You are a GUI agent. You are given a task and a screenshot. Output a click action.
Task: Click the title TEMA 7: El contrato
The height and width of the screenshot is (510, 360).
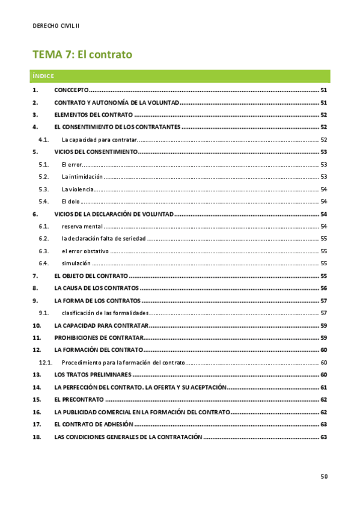tap(82, 55)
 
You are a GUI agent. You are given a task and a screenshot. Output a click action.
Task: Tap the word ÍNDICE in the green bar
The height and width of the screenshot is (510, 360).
tap(44, 76)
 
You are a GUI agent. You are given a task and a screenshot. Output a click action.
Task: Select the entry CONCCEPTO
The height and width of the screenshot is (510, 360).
tap(71, 90)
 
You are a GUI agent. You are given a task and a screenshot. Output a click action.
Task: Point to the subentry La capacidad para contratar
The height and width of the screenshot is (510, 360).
tap(99, 140)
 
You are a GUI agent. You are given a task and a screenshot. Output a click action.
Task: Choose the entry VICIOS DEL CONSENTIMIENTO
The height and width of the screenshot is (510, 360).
tap(96, 152)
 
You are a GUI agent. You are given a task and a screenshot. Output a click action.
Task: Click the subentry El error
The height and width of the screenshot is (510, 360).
tap(72, 164)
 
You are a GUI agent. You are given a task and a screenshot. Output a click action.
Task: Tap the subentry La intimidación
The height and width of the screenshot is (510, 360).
tap(82, 177)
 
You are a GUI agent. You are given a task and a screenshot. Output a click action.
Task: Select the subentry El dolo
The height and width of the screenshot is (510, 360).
tap(71, 201)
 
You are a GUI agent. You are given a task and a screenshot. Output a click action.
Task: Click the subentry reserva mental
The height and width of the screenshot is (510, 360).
tap(82, 226)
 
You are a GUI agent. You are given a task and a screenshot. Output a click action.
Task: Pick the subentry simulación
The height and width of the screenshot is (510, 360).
tap(76, 263)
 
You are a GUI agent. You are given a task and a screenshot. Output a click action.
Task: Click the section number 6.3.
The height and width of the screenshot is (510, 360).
tap(43, 251)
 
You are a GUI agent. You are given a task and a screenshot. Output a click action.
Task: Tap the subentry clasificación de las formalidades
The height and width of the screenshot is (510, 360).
tap(105, 313)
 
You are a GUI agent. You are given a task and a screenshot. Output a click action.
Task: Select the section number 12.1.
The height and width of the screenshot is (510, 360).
tap(46, 363)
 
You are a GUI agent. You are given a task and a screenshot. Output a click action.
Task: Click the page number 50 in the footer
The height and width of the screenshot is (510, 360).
tap(324, 477)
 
